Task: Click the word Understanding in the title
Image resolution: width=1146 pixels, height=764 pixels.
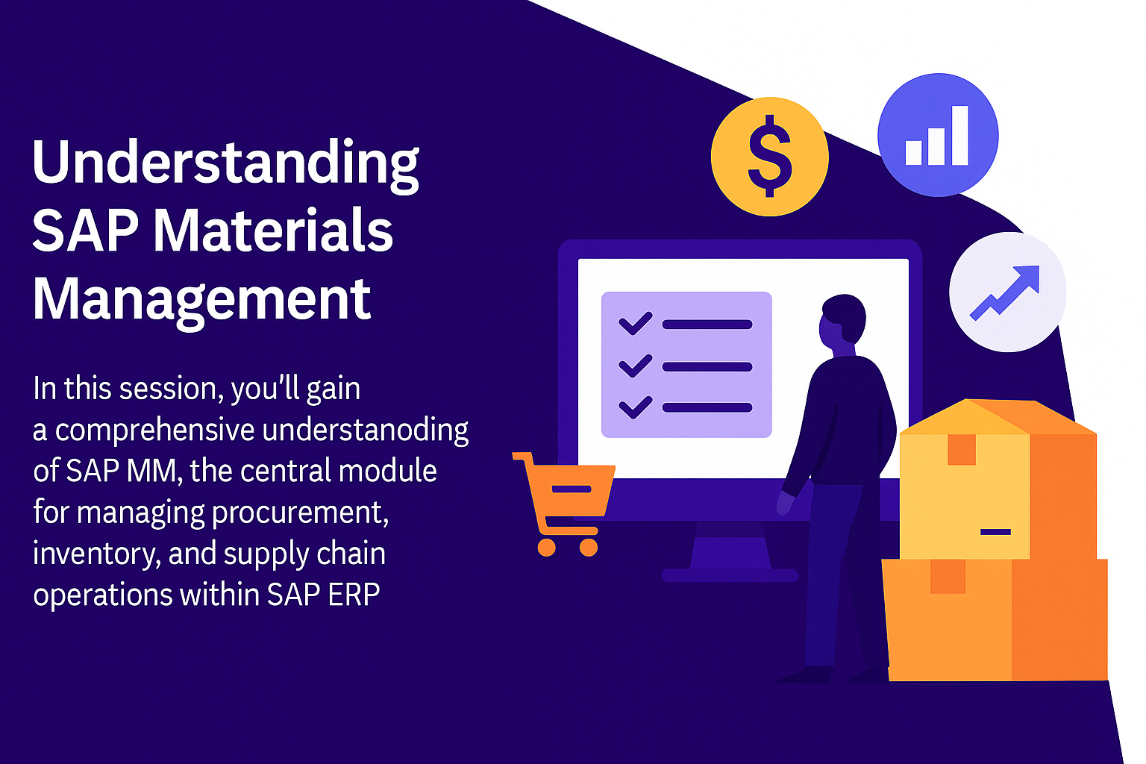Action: [225, 164]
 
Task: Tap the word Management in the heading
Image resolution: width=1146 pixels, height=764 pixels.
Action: [201, 301]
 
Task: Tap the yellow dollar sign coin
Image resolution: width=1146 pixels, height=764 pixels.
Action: [769, 157]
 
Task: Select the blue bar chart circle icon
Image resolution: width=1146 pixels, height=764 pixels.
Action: [938, 135]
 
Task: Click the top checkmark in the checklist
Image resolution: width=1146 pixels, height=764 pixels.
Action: [636, 323]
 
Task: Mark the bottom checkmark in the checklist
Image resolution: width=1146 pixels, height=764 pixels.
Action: [636, 407]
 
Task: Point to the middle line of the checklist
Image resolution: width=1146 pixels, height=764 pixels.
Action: [707, 366]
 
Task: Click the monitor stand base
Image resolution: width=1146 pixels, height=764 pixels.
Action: [730, 575]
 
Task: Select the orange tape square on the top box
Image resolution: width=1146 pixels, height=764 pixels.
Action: [961, 450]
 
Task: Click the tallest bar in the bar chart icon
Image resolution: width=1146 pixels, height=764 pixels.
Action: [959, 136]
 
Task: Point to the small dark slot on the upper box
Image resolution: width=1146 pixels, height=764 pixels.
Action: [995, 532]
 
